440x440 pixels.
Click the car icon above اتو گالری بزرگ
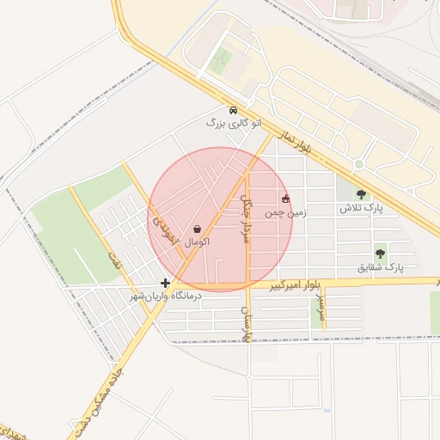coord(234,110)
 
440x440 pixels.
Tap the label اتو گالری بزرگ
coord(226,123)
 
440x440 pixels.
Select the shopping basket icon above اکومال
coord(199,229)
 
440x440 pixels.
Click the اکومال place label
coord(198,242)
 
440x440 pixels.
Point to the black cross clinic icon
coord(165,283)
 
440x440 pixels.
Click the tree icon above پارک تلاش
coord(361,194)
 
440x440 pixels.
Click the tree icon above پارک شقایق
coord(380,254)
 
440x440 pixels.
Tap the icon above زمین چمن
coord(286,199)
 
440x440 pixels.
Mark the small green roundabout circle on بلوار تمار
coord(358,164)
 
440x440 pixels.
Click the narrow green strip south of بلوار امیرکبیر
coord(316,315)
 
